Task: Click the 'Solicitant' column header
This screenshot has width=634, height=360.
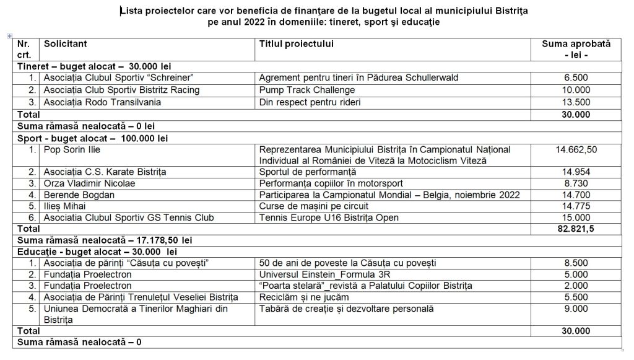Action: pyautogui.click(x=65, y=44)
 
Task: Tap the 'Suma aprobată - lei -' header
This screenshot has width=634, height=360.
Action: pyautogui.click(x=576, y=49)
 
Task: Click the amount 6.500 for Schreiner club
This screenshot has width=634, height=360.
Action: pyautogui.click(x=576, y=77)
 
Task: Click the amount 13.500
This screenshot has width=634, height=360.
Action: pyautogui.click(x=576, y=102)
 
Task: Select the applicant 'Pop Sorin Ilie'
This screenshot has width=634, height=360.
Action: pyautogui.click(x=72, y=149)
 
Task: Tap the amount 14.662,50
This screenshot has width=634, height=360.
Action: pyautogui.click(x=576, y=149)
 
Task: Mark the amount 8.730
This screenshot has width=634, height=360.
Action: pyautogui.click(x=576, y=183)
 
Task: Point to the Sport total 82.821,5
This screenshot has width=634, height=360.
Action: pyautogui.click(x=576, y=230)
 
